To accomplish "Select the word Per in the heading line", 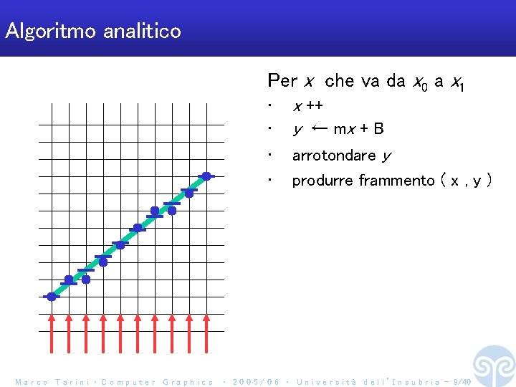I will [282, 81].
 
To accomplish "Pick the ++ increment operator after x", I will [314, 107].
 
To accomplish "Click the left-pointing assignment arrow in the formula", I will [320, 129].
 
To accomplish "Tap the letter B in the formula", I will [378, 129].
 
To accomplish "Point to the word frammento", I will [396, 181].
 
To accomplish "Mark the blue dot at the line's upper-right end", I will [206, 176].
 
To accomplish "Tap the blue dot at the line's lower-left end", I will [52, 296].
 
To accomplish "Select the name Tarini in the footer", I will [71, 382].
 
